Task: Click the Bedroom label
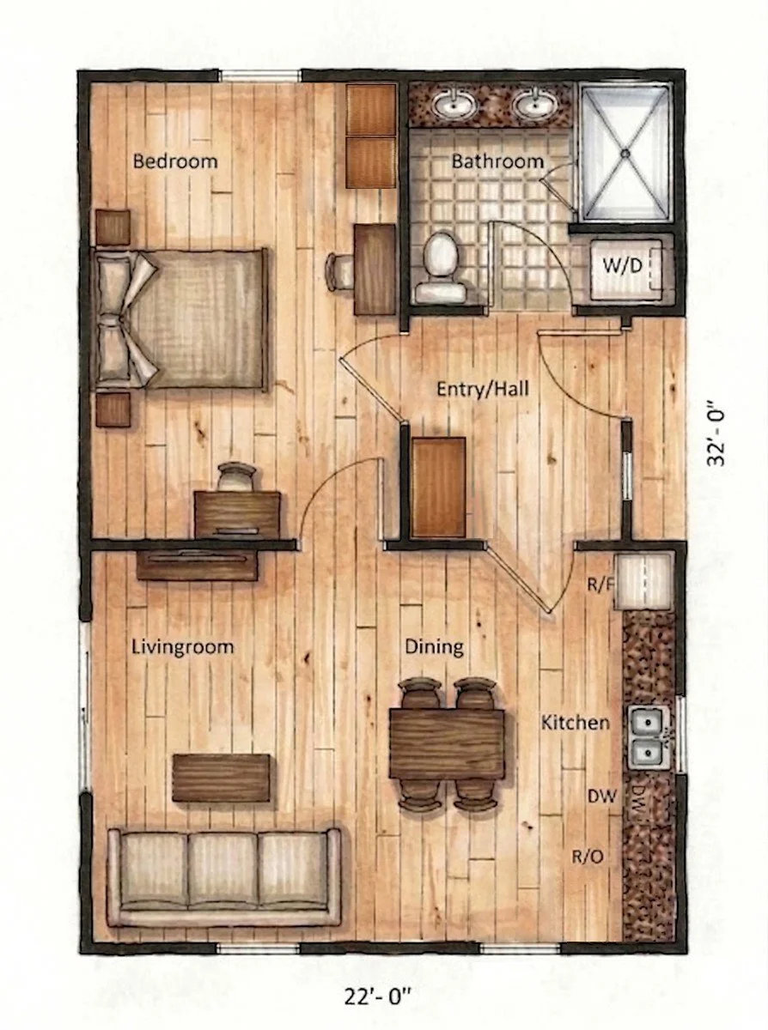tap(175, 161)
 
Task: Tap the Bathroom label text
tap(497, 161)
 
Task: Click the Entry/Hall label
tap(482, 389)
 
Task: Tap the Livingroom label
tap(182, 646)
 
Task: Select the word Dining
tap(435, 646)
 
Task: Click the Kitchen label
tap(575, 723)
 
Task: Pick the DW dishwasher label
tap(602, 797)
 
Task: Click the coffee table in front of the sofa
tap(222, 778)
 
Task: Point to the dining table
tap(447, 743)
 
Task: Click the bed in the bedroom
tap(185, 318)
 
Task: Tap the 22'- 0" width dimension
tap(382, 997)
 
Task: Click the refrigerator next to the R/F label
tap(643, 582)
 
